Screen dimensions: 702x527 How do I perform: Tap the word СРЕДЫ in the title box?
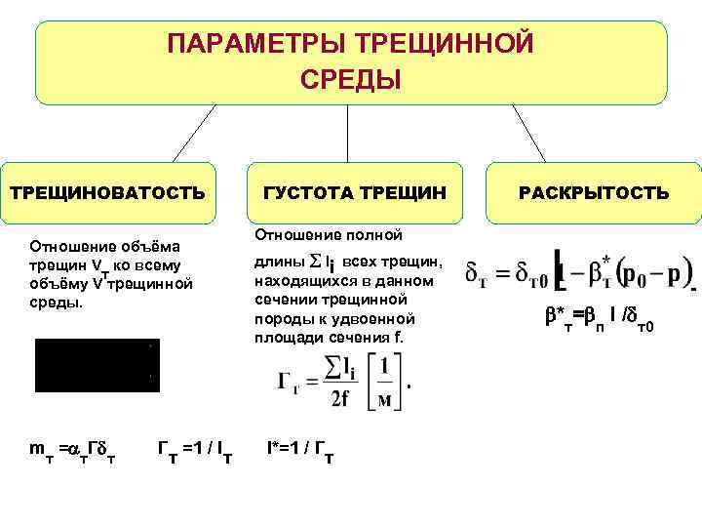351,78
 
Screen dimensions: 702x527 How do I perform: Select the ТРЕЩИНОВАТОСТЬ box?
107,193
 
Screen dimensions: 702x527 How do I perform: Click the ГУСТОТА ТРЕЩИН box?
355,193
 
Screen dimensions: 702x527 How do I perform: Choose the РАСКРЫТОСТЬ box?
594,193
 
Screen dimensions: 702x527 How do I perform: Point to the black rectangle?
97,365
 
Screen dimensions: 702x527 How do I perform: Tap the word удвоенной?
376,319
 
